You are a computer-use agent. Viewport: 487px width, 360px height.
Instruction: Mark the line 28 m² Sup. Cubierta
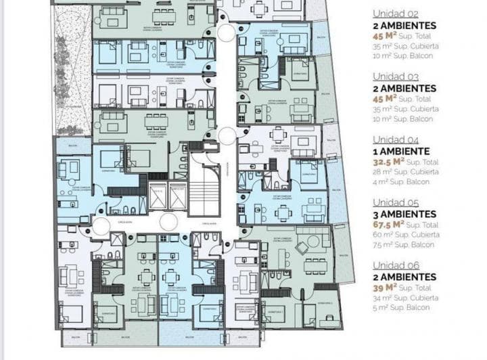405,172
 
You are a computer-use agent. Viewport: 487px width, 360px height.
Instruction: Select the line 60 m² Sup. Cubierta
405,235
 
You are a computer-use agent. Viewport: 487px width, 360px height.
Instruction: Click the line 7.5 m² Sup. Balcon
404,245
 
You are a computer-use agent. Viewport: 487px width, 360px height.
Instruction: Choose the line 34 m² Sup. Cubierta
405,298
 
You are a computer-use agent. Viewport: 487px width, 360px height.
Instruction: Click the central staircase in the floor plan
204,186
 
